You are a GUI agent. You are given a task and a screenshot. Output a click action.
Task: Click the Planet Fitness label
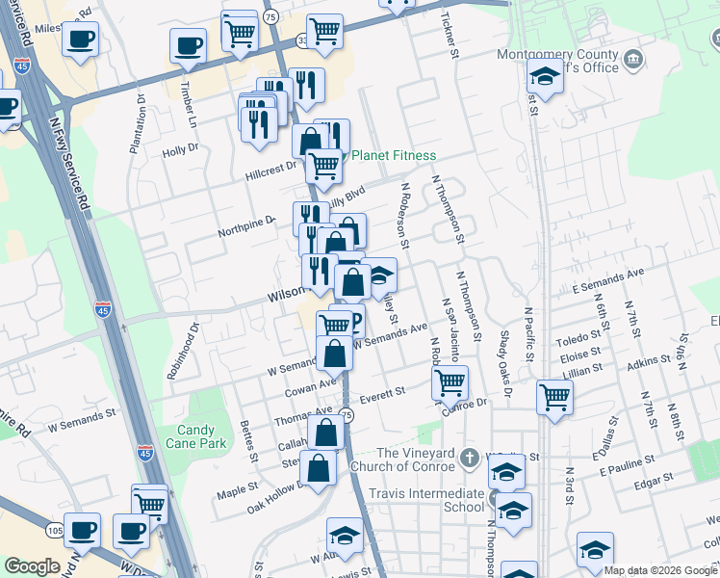tap(394, 156)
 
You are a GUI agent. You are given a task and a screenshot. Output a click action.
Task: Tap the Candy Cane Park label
tap(202, 436)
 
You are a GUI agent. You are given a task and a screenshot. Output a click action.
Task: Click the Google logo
tap(32, 566)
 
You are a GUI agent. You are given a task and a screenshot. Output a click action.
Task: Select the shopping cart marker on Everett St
tap(450, 381)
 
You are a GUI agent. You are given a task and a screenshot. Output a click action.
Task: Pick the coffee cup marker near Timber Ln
tap(188, 44)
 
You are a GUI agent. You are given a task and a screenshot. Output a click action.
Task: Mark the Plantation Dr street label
tap(136, 125)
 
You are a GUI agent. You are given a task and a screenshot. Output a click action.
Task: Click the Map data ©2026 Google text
tap(660, 570)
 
